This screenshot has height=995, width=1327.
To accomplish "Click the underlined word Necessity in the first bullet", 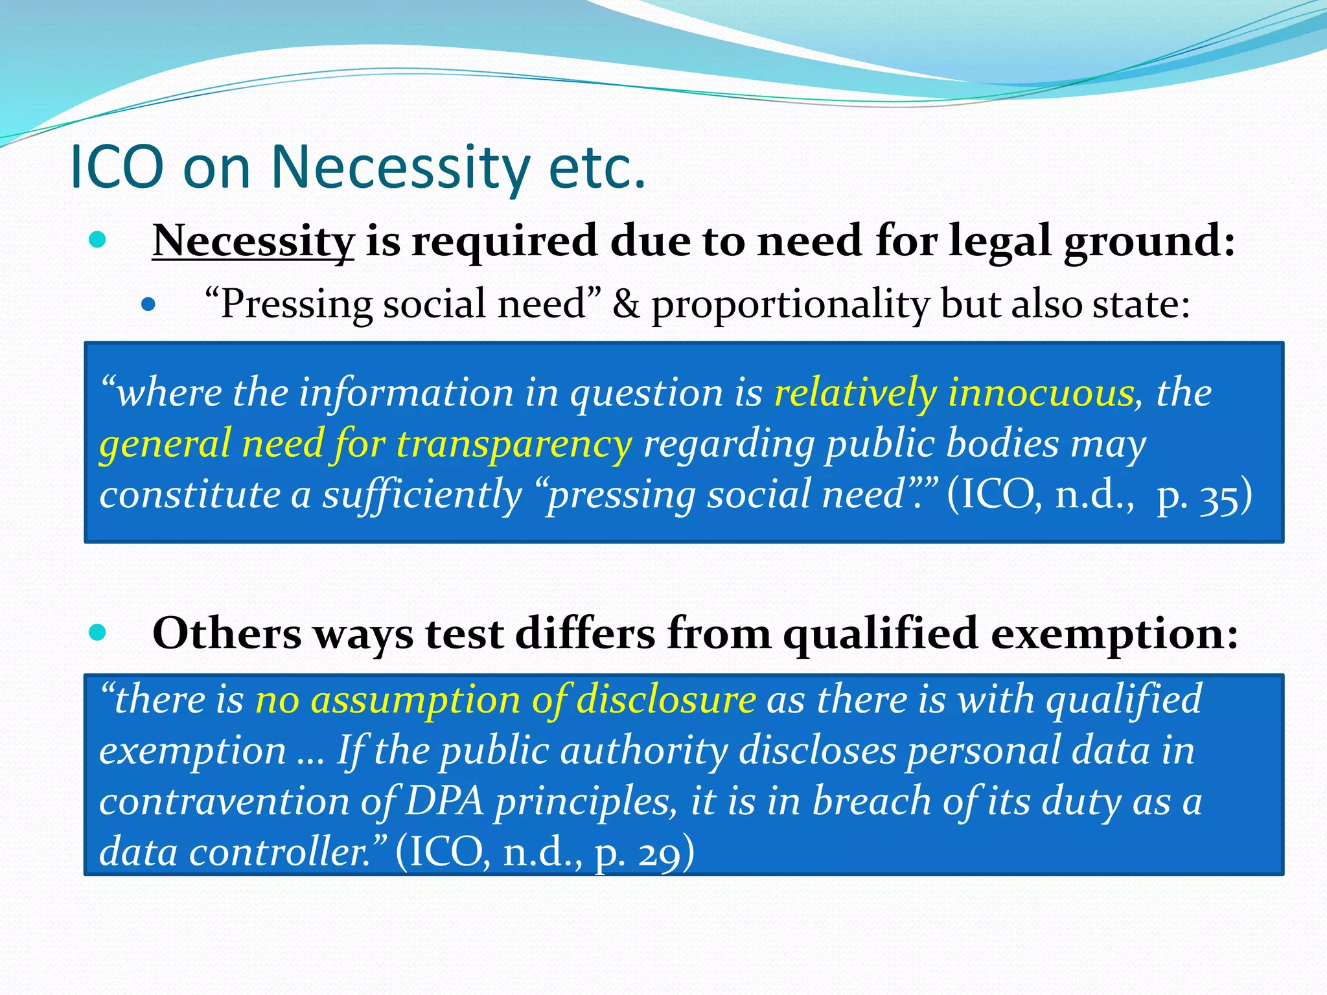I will click(253, 241).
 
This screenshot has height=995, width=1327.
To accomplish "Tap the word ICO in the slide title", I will click(117, 168).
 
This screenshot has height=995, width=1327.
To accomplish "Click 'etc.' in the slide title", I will click(597, 168).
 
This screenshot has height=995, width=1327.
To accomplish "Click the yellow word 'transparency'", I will click(514, 444).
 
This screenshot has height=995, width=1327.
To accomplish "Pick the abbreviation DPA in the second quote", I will click(444, 801).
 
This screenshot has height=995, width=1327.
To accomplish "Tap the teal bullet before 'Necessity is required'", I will click(98, 241).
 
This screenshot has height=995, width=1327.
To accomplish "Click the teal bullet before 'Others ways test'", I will click(98, 633).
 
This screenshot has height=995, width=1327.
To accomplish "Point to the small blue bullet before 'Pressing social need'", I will click(148, 304).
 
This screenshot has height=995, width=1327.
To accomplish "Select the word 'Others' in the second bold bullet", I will click(227, 634).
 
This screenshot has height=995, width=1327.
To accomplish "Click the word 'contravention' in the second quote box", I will click(224, 801).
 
